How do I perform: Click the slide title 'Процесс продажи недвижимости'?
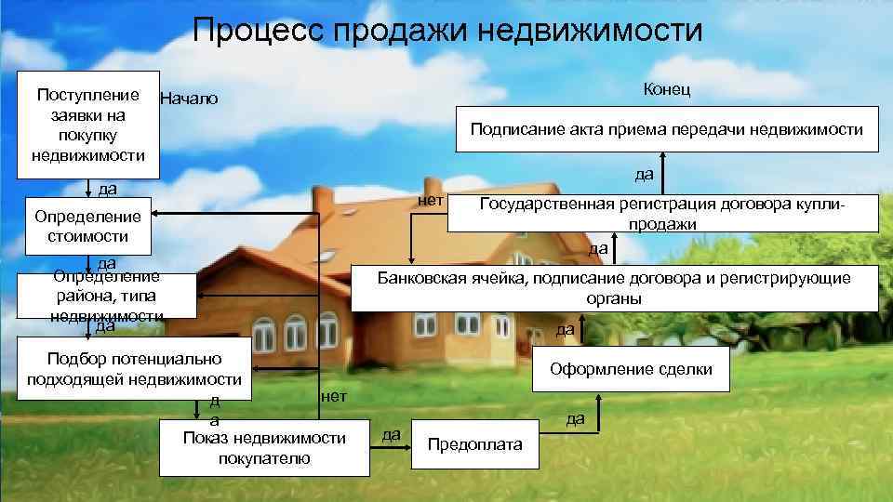447,31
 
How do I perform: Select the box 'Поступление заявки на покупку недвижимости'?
87,125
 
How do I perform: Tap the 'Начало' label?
189,99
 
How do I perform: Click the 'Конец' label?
666,88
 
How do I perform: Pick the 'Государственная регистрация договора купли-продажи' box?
661,213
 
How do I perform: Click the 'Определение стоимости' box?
87,226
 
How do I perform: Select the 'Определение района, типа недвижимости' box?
106,296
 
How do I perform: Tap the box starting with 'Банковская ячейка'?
613,288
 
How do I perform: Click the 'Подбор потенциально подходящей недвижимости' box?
134,368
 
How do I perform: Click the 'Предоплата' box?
474,444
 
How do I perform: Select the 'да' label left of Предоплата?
393,434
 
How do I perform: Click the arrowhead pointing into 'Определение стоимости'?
157,215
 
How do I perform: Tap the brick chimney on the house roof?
323,200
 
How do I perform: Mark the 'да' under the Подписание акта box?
644,174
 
